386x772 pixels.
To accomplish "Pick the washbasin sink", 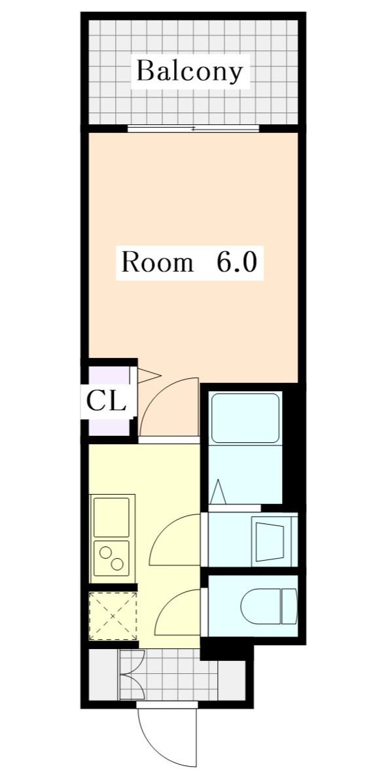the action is pos(270,542).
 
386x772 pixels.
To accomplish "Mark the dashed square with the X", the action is pos(113,616).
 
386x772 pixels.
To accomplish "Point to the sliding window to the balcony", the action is pos(193,128).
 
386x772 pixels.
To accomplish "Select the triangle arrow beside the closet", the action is pos(149,376).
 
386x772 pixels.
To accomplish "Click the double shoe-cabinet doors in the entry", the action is pos(132,675).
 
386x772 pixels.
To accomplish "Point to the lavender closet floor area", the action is pos(109,401).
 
